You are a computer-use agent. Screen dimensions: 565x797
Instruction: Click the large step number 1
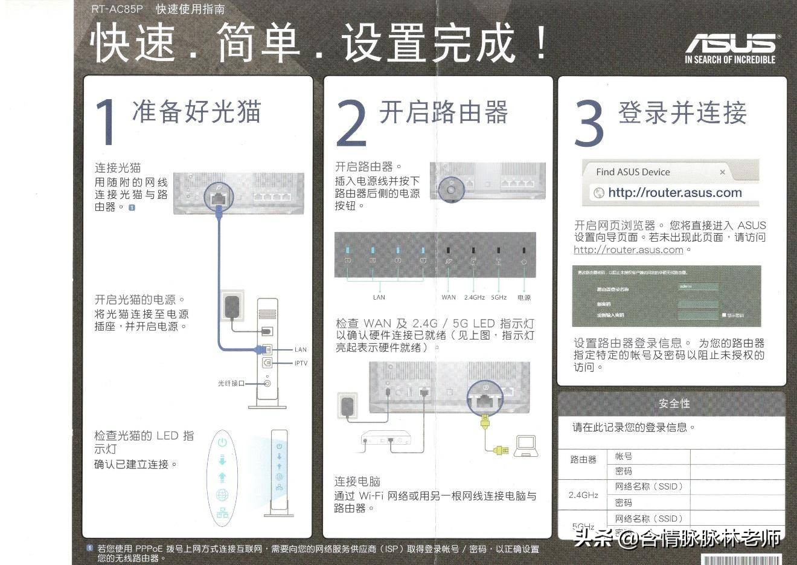coord(107,123)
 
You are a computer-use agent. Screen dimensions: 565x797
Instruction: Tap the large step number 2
coord(351,123)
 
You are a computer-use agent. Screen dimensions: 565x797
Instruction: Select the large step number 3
coord(588,123)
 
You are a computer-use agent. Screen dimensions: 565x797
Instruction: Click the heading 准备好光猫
coord(196,112)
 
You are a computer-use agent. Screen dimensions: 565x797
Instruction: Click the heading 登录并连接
coord(682,113)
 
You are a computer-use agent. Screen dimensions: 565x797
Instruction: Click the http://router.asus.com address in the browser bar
coord(674,193)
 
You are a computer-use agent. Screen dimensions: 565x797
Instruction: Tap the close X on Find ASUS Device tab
coord(722,172)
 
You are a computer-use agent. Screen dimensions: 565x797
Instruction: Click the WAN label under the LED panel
coord(449,297)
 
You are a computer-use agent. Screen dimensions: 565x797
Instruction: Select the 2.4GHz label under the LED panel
coord(475,297)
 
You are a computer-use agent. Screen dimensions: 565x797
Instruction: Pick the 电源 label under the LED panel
coord(523,297)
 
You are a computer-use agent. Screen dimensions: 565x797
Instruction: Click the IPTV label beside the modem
coord(301,363)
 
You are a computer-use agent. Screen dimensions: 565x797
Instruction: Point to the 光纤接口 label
coord(231,384)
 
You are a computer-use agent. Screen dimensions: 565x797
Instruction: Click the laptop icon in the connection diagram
coord(526,445)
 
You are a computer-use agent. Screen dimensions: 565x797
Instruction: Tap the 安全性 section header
coord(674,403)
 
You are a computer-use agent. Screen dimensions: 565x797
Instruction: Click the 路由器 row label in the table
coord(583,460)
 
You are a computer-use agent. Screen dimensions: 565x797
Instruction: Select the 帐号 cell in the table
coord(624,456)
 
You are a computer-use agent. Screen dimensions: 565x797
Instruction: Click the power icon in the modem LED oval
coord(222,442)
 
